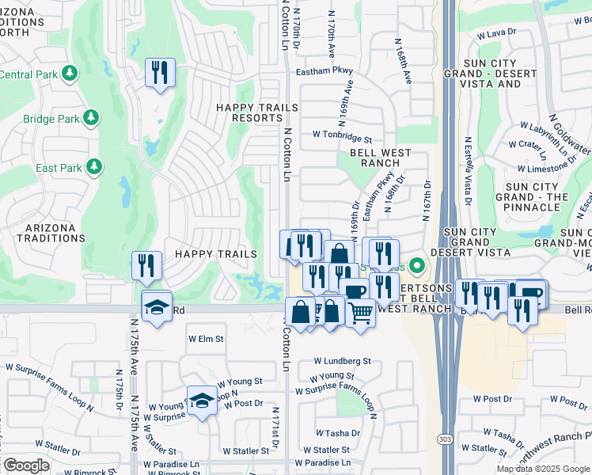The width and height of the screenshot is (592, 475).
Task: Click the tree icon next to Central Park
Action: (x=71, y=74)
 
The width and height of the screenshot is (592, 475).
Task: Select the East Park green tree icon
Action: (x=94, y=166)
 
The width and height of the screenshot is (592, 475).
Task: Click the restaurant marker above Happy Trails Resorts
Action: (x=160, y=73)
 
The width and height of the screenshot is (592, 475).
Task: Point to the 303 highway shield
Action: (x=448, y=461)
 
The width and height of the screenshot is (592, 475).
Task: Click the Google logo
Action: (x=25, y=465)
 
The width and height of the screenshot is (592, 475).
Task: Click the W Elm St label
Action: (x=206, y=338)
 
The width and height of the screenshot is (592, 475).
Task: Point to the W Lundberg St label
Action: (x=341, y=361)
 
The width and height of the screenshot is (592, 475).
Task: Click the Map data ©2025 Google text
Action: (x=543, y=469)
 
